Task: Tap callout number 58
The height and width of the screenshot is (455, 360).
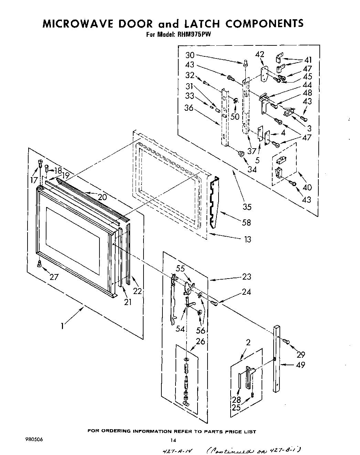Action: pyautogui.click(x=246, y=223)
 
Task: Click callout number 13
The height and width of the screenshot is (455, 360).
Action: pyautogui.click(x=247, y=239)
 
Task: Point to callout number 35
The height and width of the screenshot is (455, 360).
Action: pyautogui.click(x=247, y=207)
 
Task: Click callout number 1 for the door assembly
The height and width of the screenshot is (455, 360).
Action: pyautogui.click(x=62, y=325)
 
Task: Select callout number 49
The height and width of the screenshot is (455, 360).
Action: pyautogui.click(x=300, y=365)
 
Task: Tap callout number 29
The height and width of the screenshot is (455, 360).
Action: pyautogui.click(x=300, y=354)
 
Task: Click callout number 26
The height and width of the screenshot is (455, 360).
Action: pyautogui.click(x=200, y=342)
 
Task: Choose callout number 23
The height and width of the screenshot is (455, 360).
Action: pyautogui.click(x=246, y=277)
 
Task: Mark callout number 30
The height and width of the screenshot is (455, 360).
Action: pyautogui.click(x=190, y=55)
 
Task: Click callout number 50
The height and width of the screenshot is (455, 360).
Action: pyautogui.click(x=235, y=117)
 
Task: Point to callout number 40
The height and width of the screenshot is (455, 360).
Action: pyautogui.click(x=307, y=187)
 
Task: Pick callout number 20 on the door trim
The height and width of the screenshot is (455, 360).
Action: pyautogui.click(x=102, y=197)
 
